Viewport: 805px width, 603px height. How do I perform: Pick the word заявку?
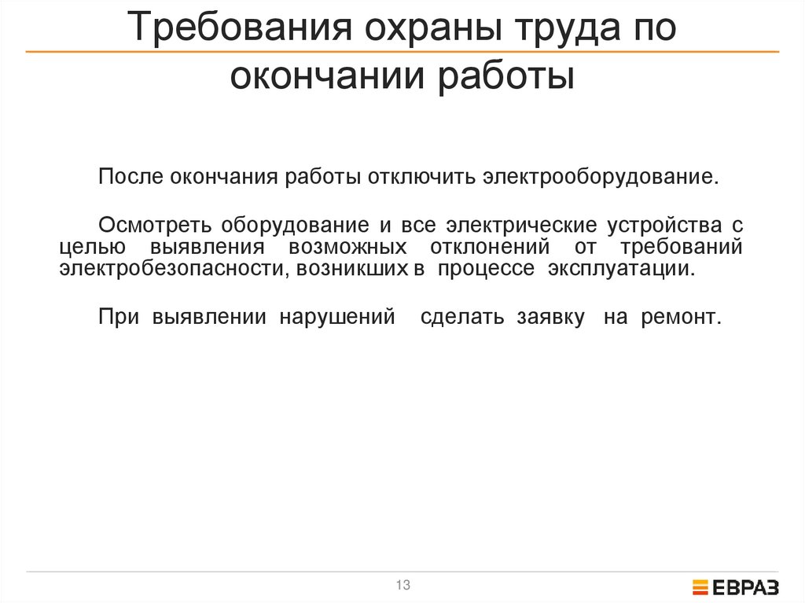550,318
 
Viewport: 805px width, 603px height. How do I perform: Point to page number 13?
403,585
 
